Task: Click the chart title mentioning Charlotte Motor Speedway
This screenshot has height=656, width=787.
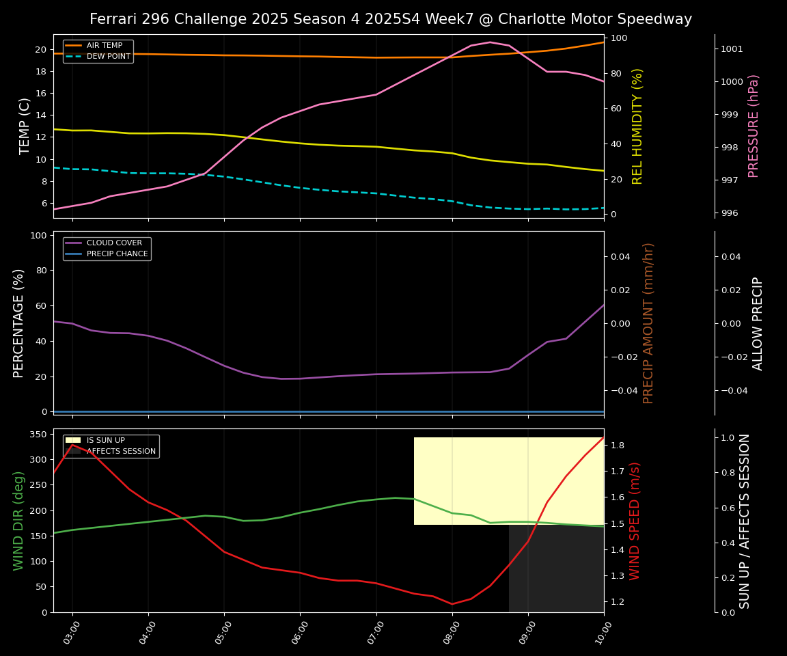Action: click(391, 19)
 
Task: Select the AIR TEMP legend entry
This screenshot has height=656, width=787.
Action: click(105, 45)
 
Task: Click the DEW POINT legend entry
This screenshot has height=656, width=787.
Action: click(108, 56)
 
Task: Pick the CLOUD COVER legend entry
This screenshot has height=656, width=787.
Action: click(114, 243)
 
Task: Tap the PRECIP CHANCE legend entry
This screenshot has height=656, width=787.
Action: click(117, 254)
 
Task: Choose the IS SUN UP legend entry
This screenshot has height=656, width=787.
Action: click(105, 440)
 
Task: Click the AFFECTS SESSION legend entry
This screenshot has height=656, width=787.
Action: click(121, 451)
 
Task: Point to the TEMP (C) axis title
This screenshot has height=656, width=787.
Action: click(25, 126)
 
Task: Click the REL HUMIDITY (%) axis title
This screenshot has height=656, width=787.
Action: click(637, 126)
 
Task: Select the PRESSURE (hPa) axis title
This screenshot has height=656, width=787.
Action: click(754, 126)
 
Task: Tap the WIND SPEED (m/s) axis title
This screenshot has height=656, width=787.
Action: click(635, 521)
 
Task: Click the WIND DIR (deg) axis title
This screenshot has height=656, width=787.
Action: click(18, 521)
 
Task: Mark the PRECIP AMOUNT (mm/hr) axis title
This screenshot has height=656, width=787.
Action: click(648, 323)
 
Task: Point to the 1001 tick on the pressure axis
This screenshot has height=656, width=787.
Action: click(732, 49)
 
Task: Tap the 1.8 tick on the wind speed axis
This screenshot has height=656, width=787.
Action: click(618, 446)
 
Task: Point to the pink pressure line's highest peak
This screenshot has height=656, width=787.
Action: click(489, 42)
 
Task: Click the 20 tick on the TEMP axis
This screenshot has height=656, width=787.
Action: click(40, 50)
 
